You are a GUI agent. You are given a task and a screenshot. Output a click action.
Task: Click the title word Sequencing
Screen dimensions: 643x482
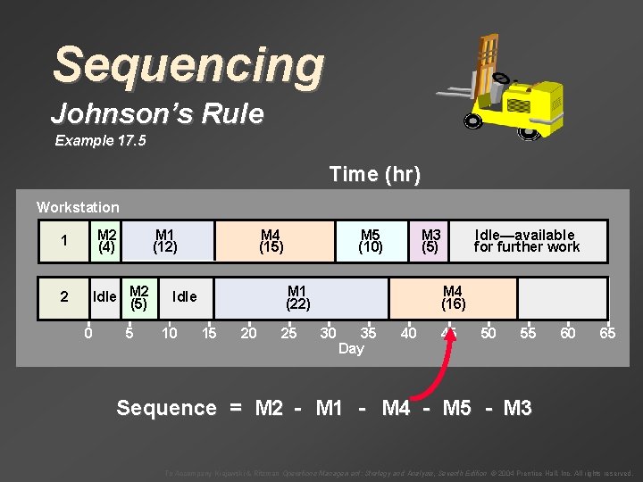(188, 66)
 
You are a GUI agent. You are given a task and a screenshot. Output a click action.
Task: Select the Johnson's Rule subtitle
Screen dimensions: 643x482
(157, 114)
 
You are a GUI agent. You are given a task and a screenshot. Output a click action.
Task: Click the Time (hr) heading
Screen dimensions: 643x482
(374, 174)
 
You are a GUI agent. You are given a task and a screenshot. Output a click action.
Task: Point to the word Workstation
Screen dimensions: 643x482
(78, 207)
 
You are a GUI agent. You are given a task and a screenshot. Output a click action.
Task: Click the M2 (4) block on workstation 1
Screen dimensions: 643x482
(107, 241)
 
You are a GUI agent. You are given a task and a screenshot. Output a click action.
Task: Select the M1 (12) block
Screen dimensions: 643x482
(165, 241)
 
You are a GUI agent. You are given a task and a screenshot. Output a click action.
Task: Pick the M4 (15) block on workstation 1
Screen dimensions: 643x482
(271, 241)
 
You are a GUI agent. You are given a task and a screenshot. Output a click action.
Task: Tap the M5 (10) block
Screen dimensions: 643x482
(371, 241)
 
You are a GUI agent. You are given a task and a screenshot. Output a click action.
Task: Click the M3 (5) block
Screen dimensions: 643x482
(430, 241)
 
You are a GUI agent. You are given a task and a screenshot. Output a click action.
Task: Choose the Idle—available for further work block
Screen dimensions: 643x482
(526, 241)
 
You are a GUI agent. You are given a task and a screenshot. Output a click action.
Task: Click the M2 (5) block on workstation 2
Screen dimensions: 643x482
(138, 297)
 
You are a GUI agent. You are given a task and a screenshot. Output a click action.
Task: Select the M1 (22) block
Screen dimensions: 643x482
(297, 297)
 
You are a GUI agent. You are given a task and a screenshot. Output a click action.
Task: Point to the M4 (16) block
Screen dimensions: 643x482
(453, 297)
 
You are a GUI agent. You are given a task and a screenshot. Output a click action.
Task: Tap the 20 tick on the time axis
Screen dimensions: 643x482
(249, 334)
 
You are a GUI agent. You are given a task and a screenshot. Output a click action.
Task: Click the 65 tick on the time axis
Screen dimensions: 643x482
(607, 334)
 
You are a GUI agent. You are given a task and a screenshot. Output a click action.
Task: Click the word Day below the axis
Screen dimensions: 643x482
(351, 349)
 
